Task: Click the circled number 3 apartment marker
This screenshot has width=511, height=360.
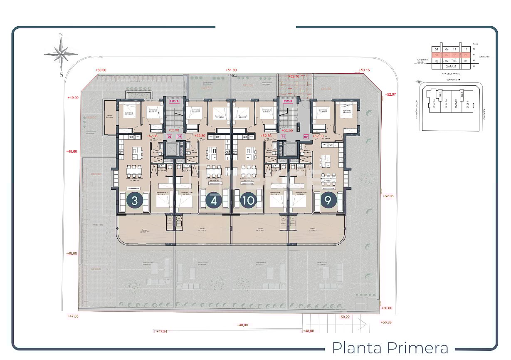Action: tap(134, 201)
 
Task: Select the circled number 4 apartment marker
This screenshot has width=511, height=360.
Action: tap(214, 201)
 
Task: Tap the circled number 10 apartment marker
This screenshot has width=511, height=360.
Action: tap(249, 201)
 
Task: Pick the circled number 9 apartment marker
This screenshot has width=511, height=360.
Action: tap(328, 201)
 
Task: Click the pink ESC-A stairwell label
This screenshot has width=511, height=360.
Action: tap(174, 101)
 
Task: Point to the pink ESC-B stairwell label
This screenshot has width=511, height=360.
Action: tap(288, 101)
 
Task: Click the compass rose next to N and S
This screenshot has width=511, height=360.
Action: tap(61, 54)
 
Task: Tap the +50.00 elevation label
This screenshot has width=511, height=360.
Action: tap(101, 70)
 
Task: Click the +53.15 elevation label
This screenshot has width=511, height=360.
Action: tap(364, 70)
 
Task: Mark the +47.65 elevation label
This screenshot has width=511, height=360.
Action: tap(73, 316)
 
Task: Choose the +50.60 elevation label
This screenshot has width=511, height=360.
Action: tap(387, 308)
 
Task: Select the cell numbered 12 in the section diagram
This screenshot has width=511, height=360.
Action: tap(455, 49)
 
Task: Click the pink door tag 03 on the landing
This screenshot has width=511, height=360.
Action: tap(169, 136)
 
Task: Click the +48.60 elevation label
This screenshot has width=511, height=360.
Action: tap(72, 151)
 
